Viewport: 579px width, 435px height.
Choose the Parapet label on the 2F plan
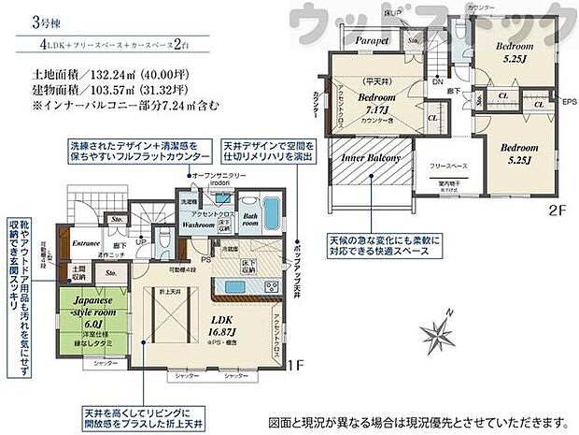pyautogui.click(x=370, y=41)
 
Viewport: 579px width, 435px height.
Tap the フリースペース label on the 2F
pyautogui.click(x=448, y=165)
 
